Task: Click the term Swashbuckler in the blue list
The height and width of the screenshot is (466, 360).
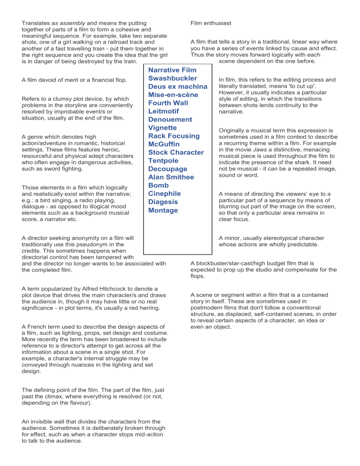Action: coord(172,78)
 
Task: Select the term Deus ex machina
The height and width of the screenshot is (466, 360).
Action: coord(178,87)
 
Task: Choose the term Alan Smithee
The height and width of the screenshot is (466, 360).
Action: coord(171,177)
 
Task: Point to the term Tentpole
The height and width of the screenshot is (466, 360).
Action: coord(165,160)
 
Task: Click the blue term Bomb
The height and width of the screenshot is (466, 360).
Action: coord(158,185)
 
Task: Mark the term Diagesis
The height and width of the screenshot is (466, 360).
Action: coord(163,202)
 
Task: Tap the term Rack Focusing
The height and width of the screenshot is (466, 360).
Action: coord(173,136)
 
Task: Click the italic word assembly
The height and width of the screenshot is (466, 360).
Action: coord(68,22)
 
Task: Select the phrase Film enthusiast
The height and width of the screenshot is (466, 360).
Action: coord(211,23)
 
